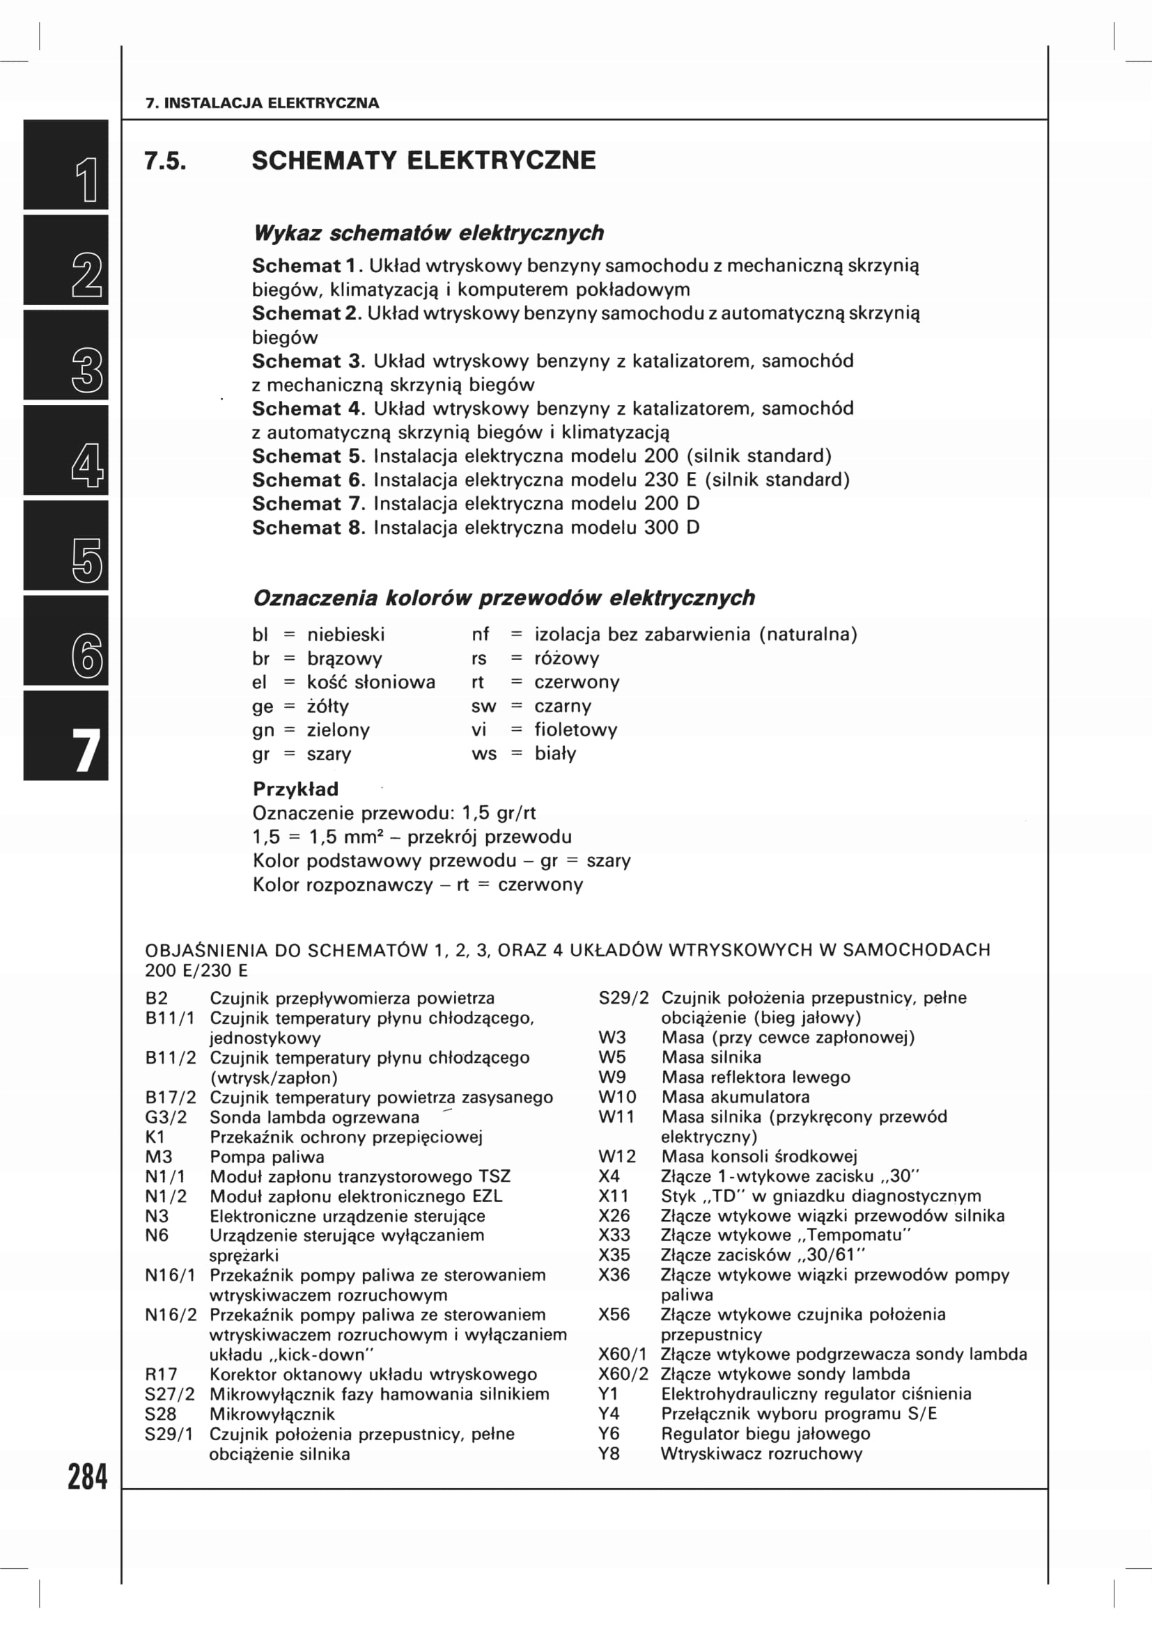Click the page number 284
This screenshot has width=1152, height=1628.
point(87,1477)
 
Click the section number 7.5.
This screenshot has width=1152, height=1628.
point(165,161)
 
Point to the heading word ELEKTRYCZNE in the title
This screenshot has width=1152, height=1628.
point(501,161)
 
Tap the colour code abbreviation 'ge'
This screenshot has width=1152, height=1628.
point(262,706)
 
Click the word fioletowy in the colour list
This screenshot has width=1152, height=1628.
point(575,729)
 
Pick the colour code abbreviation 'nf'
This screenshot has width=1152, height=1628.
point(481,635)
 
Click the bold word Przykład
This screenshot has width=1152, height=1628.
point(296,789)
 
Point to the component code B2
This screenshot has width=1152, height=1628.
point(156,998)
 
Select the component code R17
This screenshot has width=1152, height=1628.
point(161,1374)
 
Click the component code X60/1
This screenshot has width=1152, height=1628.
point(622,1354)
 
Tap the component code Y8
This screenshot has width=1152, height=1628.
point(609,1453)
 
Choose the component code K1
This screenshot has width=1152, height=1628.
point(155,1137)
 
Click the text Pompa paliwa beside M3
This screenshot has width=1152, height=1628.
point(267,1157)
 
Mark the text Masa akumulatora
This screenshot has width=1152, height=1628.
point(735,1097)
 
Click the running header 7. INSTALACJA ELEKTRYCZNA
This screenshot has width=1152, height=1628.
point(262,103)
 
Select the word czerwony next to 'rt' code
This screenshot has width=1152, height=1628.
point(577,682)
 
